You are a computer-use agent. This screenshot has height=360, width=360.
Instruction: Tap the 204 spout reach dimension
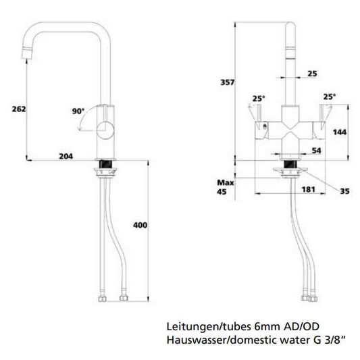click(x=66, y=156)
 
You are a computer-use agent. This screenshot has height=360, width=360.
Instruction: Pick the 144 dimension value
click(x=340, y=132)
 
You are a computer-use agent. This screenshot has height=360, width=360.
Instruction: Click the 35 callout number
click(x=344, y=192)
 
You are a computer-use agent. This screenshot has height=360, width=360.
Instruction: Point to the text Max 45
click(x=224, y=187)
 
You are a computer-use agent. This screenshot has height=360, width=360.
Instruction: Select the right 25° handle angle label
click(x=329, y=96)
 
